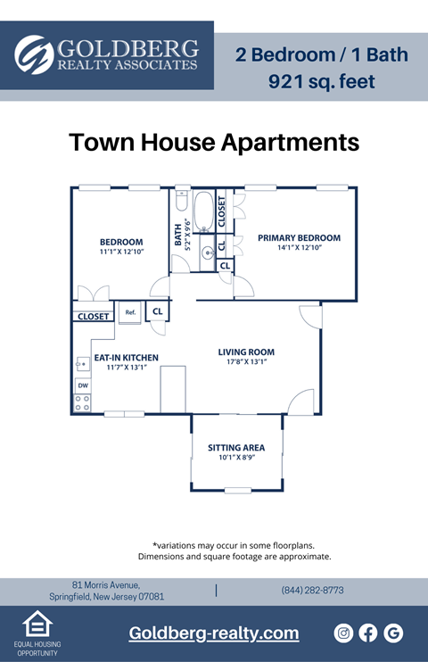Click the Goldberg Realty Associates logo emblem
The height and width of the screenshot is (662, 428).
click(35, 54)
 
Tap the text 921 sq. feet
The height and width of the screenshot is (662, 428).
click(321, 82)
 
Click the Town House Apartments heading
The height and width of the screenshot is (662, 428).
click(214, 143)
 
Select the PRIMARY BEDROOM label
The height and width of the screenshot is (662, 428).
click(299, 238)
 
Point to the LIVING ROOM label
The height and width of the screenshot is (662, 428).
click(246, 352)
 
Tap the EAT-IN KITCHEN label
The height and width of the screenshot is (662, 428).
click(126, 358)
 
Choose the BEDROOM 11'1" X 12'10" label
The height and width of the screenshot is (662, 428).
click(121, 243)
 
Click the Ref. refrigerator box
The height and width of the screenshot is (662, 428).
click(130, 312)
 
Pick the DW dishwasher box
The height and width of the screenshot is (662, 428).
click(82, 385)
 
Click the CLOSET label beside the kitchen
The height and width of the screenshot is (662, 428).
click(93, 317)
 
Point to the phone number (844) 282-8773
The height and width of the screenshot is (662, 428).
click(312, 591)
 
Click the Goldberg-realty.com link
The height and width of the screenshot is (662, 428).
click(214, 633)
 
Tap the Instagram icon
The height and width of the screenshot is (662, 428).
click(343, 633)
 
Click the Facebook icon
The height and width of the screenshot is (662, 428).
click(368, 633)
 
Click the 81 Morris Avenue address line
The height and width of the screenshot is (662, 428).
click(106, 584)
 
